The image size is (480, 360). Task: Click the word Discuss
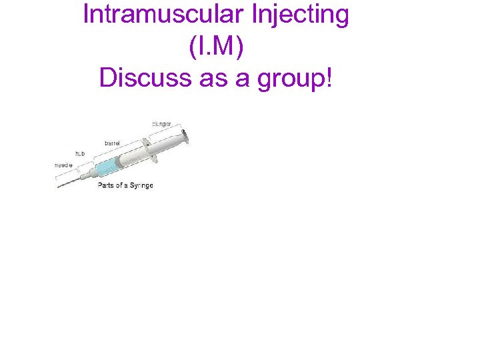[x=144, y=78]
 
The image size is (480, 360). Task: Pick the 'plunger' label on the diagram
[x=162, y=124]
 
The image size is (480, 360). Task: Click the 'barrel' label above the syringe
[x=113, y=143]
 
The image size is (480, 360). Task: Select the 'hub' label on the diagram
[x=79, y=153]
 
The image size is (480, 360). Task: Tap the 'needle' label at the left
[x=64, y=164]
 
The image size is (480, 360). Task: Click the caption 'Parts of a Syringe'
[x=125, y=185]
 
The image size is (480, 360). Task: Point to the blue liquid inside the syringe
[x=105, y=167]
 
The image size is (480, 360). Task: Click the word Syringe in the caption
[x=141, y=185]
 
